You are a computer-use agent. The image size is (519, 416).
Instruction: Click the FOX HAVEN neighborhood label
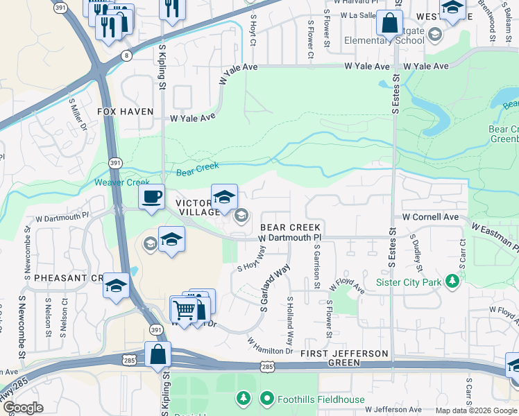[x=126, y=111]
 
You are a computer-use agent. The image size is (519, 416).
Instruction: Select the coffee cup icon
[x=151, y=197]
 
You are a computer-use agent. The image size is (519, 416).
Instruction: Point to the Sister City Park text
[x=409, y=282]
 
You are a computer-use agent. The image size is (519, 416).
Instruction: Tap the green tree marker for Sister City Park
[x=452, y=281]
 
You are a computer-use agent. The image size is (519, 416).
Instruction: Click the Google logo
[x=23, y=408]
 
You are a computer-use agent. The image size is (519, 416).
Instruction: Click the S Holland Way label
[x=290, y=318]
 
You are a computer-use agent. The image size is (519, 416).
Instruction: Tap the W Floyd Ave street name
[x=346, y=286]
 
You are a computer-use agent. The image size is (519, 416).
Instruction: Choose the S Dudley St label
[x=418, y=255]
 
